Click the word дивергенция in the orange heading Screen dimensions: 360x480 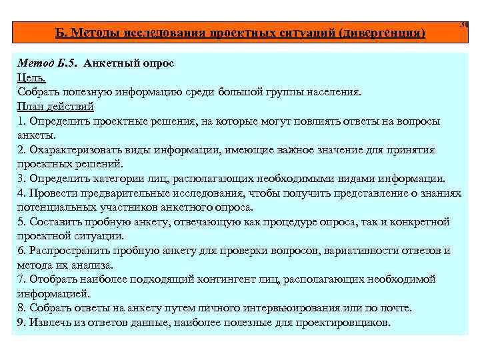380,33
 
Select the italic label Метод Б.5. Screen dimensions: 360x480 47,63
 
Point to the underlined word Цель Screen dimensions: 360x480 31,77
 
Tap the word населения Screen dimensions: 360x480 329,92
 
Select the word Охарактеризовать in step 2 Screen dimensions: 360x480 71,150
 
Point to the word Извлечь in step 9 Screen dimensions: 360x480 49,323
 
